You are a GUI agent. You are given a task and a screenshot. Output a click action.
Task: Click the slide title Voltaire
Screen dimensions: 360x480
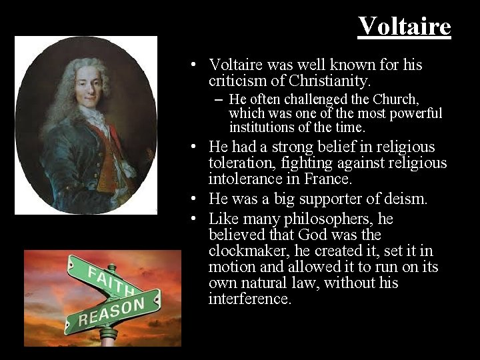pyautogui.click(x=404, y=27)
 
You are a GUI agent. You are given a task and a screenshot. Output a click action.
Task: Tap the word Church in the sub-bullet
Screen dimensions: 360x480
pyautogui.click(x=395, y=99)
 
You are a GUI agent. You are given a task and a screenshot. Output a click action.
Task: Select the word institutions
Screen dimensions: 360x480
pyautogui.click(x=262, y=127)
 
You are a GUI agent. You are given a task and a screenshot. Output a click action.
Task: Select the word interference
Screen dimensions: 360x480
pyautogui.click(x=249, y=299)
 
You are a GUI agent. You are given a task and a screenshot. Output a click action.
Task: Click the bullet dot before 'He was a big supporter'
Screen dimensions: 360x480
pyautogui.click(x=192, y=199)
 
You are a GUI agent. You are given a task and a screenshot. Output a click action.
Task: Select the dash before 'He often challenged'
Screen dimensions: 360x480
pyautogui.click(x=219, y=99)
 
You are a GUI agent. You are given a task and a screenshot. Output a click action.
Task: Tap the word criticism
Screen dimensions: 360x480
pyautogui.click(x=233, y=81)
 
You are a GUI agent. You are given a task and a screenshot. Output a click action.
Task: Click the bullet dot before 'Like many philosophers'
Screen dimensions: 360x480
pyautogui.click(x=192, y=219)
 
